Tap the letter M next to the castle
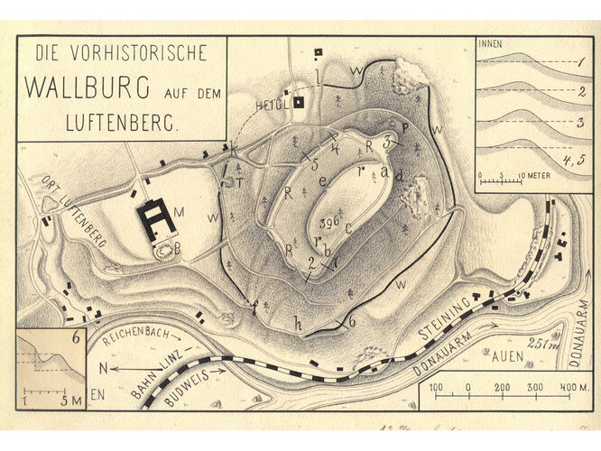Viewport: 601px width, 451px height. [x=179, y=212]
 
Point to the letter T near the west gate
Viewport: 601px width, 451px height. [x=242, y=179]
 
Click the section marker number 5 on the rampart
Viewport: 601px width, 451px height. [x=315, y=165]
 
